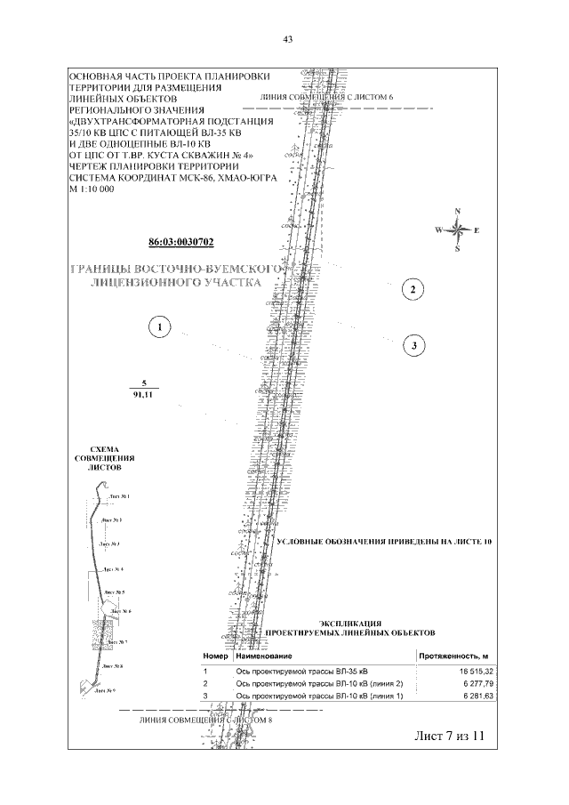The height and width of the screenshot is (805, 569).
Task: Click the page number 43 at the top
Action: tap(287, 38)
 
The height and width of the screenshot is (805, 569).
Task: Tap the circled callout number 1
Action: tap(159, 327)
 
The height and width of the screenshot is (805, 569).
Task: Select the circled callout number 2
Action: tap(412, 288)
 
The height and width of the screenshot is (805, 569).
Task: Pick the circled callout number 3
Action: tap(413, 344)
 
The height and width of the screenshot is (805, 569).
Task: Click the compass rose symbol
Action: tap(457, 229)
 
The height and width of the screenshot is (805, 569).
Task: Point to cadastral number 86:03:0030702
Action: tap(181, 242)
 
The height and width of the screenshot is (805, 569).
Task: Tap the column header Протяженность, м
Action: tap(454, 656)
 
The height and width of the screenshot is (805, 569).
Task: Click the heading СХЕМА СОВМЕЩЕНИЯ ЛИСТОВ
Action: tap(99, 457)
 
